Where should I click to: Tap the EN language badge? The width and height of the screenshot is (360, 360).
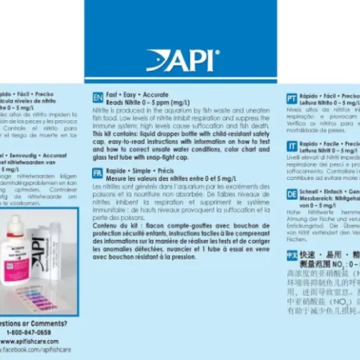98,98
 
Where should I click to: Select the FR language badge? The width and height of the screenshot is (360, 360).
98,173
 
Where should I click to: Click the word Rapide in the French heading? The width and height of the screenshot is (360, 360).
117,170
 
